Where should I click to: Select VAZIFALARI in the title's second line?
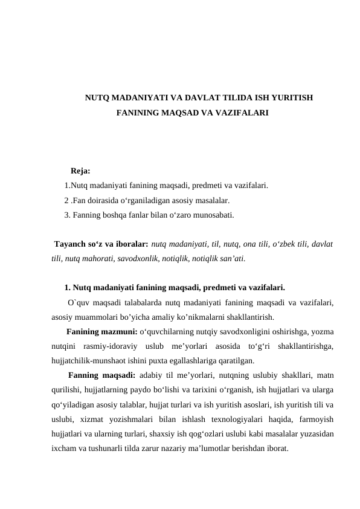[239, 113]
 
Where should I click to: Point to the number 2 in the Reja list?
[66, 200]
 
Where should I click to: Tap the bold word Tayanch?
[71, 244]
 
